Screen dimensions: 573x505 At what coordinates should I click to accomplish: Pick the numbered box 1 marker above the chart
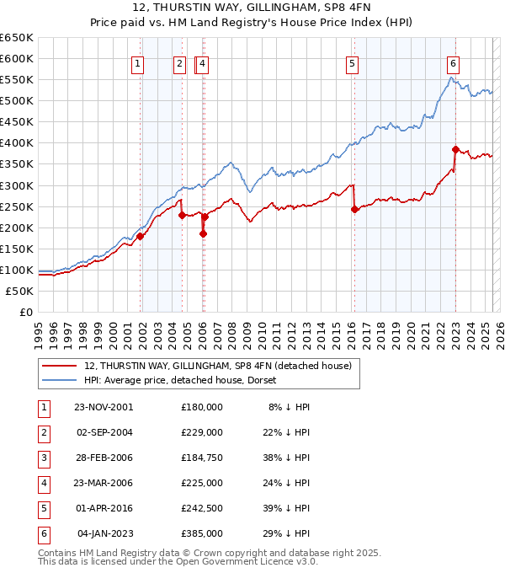pos(137,63)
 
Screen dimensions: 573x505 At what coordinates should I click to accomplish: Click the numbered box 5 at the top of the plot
pos(351,63)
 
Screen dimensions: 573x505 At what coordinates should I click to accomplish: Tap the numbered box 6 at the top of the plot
pos(453,63)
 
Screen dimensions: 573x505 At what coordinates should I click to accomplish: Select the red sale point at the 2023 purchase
pos(455,149)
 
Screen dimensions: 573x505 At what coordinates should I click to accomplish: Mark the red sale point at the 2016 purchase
pos(354,210)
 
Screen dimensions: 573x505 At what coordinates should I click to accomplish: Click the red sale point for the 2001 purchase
pos(141,236)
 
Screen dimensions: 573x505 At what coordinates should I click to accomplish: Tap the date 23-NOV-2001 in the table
pos(103,406)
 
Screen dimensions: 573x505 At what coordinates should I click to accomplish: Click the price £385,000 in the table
pos(201,533)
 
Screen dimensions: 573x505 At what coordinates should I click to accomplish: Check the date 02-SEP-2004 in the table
pos(103,431)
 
